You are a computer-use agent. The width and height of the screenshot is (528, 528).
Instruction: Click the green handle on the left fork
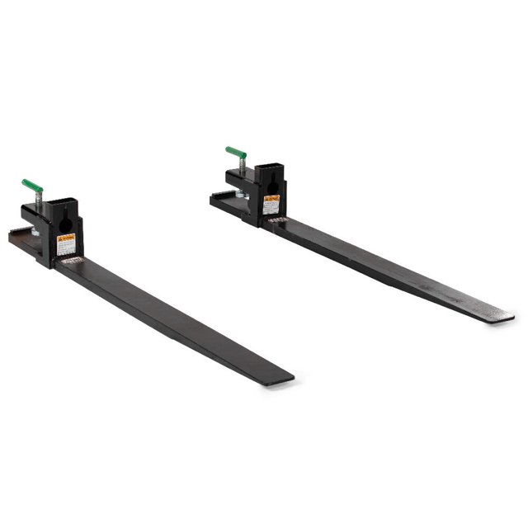point(31,184)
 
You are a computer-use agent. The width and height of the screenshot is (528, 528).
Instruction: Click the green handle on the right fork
point(236,153)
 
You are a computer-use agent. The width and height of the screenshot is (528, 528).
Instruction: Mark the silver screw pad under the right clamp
point(239,196)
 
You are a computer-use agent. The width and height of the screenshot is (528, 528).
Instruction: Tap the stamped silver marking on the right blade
point(277,220)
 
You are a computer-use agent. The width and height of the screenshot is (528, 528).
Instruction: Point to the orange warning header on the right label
point(271,198)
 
